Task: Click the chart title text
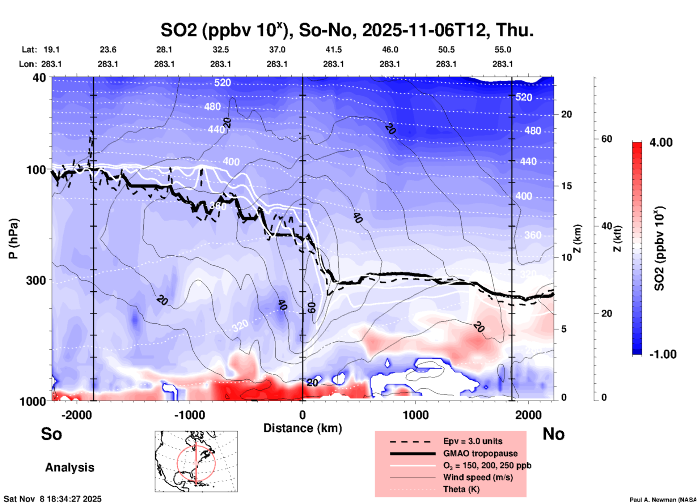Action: (x=347, y=30)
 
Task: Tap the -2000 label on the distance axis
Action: (x=76, y=415)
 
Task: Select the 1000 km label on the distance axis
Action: (x=415, y=415)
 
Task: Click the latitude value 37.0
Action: (x=277, y=50)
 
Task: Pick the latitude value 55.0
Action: (x=502, y=50)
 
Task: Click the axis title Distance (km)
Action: (x=303, y=428)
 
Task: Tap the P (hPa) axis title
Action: (x=13, y=239)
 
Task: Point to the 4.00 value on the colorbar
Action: (x=661, y=142)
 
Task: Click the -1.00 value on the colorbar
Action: (x=663, y=354)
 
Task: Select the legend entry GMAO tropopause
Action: (x=480, y=453)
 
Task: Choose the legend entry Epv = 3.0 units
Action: (x=473, y=441)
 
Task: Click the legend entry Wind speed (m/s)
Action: (x=478, y=477)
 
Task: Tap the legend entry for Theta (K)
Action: (x=461, y=489)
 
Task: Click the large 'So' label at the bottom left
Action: (x=51, y=434)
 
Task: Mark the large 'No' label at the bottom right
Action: (x=553, y=434)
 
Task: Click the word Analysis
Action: (x=69, y=467)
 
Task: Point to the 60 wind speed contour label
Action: (x=312, y=308)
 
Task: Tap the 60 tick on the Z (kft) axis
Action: (x=607, y=139)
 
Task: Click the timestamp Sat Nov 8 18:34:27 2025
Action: (x=52, y=499)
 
